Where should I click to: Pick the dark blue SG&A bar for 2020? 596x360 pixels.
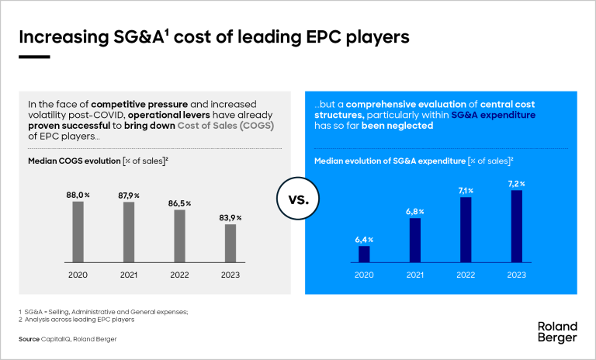pos(365,254)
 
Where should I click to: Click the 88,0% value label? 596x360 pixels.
pos(78,194)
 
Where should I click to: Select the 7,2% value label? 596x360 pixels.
pos(518,183)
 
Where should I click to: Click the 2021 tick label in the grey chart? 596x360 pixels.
pos(129,275)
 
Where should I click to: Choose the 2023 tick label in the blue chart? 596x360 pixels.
pos(518,275)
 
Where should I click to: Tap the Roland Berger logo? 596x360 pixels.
pos(557,331)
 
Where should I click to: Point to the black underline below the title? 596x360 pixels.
pos(34,56)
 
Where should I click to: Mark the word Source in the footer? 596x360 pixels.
pos(29,340)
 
